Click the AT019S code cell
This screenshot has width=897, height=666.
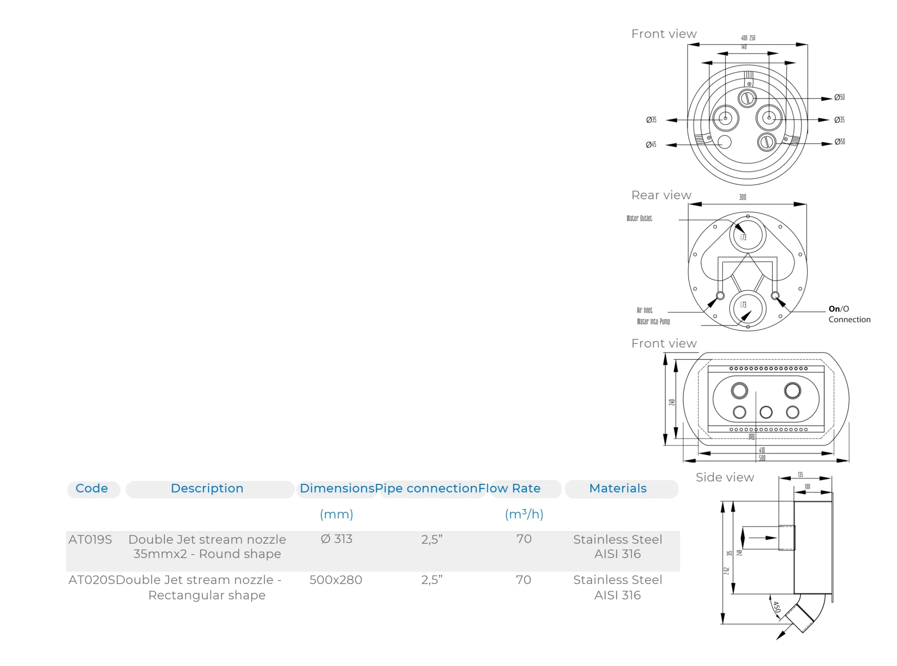pos(90,539)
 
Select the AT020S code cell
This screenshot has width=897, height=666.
pos(91,579)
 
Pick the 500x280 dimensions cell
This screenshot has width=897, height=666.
pos(335,579)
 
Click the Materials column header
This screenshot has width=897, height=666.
pos(617,488)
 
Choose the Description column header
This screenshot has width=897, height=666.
pos(207,488)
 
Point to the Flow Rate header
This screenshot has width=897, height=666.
pos(509,488)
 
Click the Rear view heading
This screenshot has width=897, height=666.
pos(661,195)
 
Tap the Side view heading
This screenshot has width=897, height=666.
pos(725,477)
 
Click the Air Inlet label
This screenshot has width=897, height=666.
pos(644,310)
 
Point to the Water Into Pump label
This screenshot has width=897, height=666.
pos(653,321)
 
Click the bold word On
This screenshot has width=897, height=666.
pos(834,309)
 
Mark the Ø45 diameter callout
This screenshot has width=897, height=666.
pos(651,144)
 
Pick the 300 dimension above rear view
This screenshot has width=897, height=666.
pos(742,197)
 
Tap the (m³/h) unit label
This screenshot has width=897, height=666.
pos(524,514)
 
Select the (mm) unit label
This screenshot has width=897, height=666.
pos(336,514)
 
